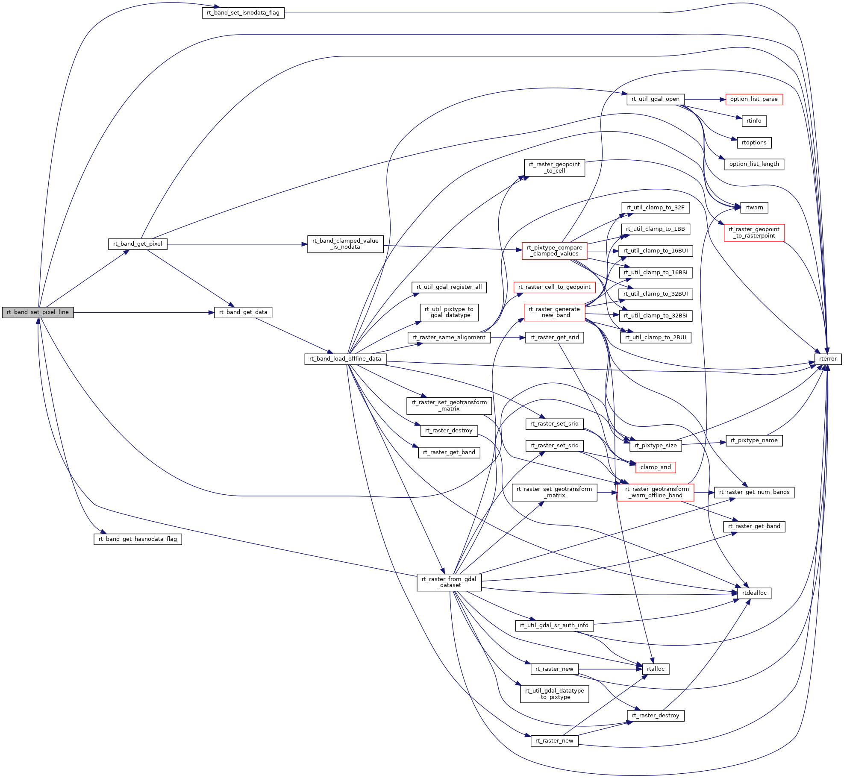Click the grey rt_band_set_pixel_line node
click(x=38, y=312)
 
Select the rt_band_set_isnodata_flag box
click(x=243, y=13)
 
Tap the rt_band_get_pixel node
click(x=138, y=244)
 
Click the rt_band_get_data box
click(x=243, y=312)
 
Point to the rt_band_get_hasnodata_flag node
click(x=138, y=539)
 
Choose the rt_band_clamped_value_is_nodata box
click(x=345, y=244)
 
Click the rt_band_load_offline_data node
click(x=345, y=359)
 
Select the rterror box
click(x=828, y=359)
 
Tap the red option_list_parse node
click(x=754, y=99)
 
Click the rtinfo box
click(x=754, y=121)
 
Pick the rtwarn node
click(x=754, y=208)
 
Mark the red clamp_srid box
click(x=656, y=467)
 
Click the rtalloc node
click(x=656, y=669)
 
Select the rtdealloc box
click(x=754, y=593)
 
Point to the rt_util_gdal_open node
click(x=656, y=99)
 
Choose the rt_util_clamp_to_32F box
click(x=655, y=208)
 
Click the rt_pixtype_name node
click(x=754, y=440)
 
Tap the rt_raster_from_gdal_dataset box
click(x=449, y=582)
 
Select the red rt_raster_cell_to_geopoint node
click(x=554, y=287)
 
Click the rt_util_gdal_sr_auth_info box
click(x=554, y=625)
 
